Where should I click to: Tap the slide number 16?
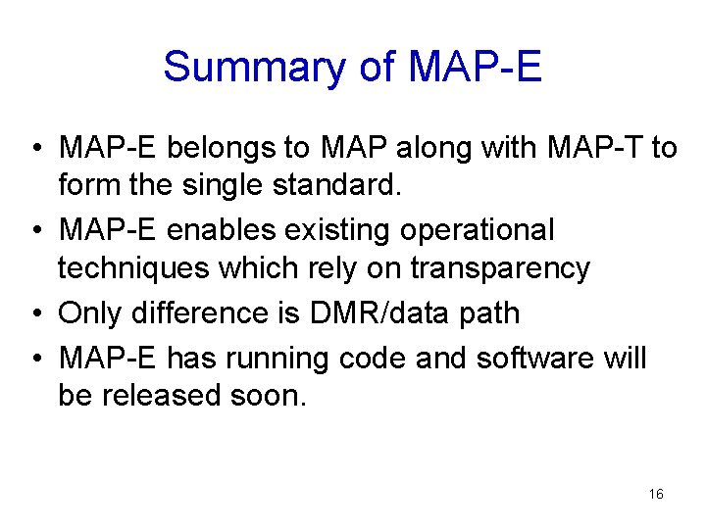pos(656,494)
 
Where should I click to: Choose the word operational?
pos(473,230)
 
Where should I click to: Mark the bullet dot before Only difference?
pos(34,313)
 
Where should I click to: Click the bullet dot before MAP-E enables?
pos(34,231)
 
